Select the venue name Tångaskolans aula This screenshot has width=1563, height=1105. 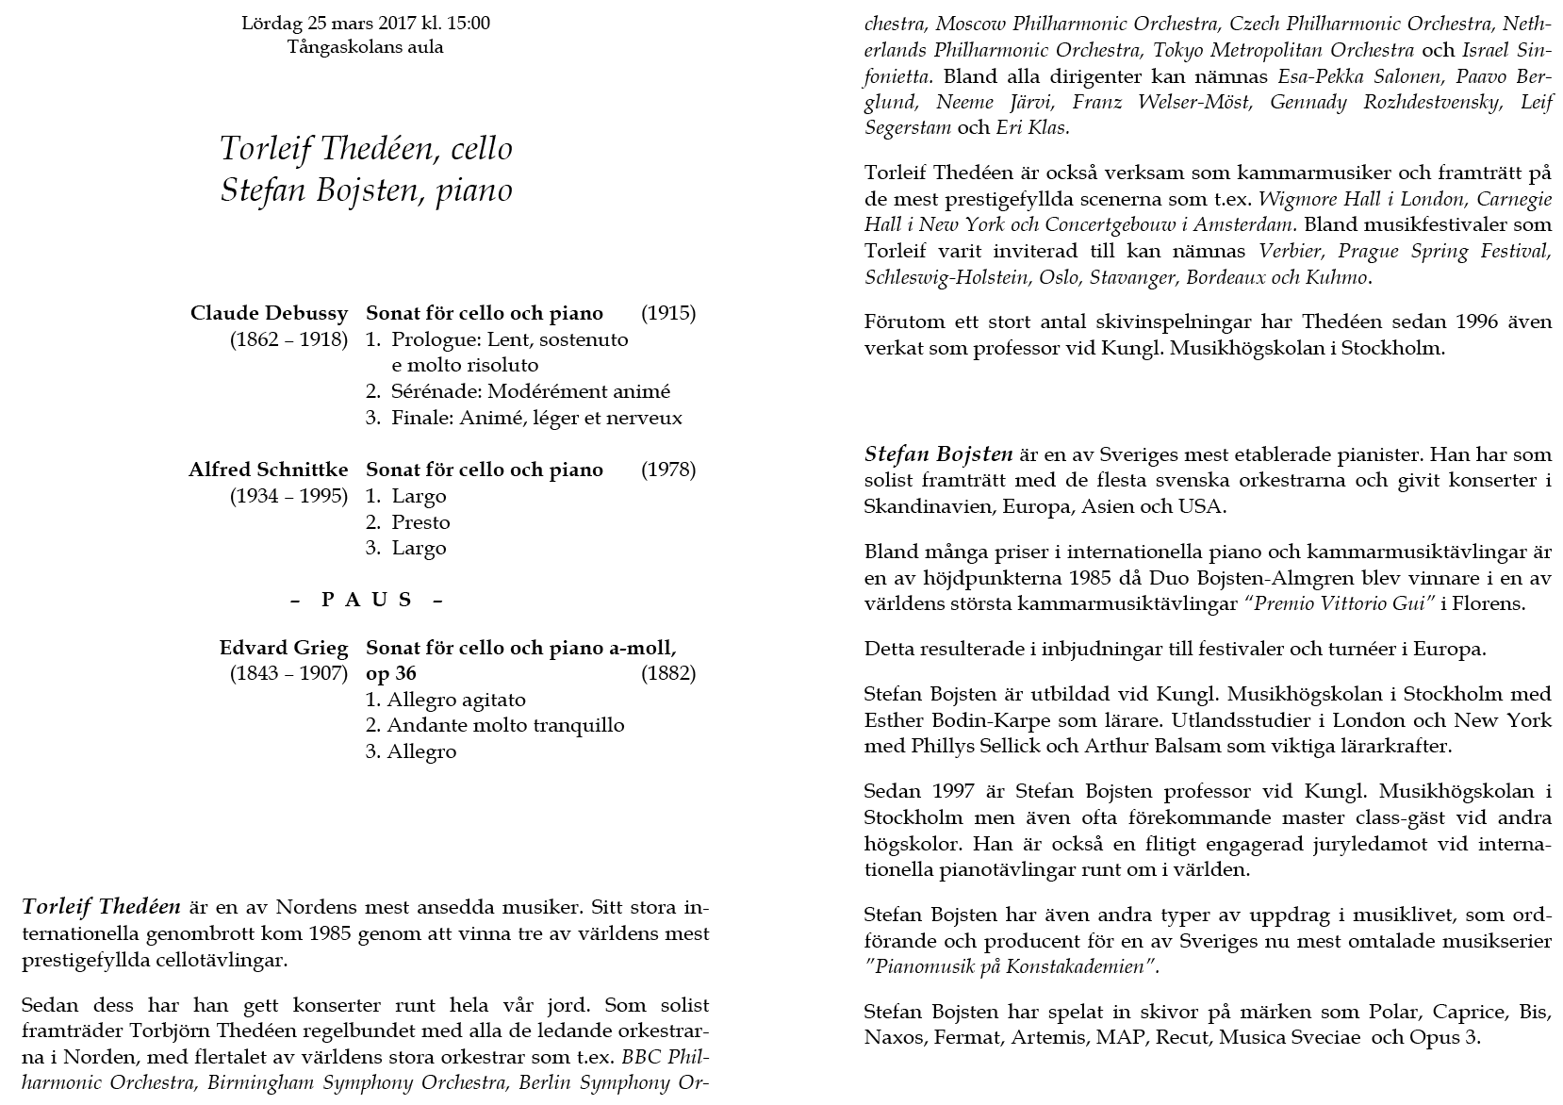click(x=365, y=47)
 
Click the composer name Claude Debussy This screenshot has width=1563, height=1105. click(x=269, y=313)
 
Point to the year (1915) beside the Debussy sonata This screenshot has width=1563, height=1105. click(x=667, y=313)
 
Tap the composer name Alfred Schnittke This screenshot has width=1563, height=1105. click(x=268, y=470)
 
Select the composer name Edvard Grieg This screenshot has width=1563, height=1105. click(x=283, y=648)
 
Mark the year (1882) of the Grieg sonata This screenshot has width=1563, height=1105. click(x=667, y=673)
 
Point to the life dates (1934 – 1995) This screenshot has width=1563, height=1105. click(x=288, y=496)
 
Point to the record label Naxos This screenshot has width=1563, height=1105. click(x=891, y=1039)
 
